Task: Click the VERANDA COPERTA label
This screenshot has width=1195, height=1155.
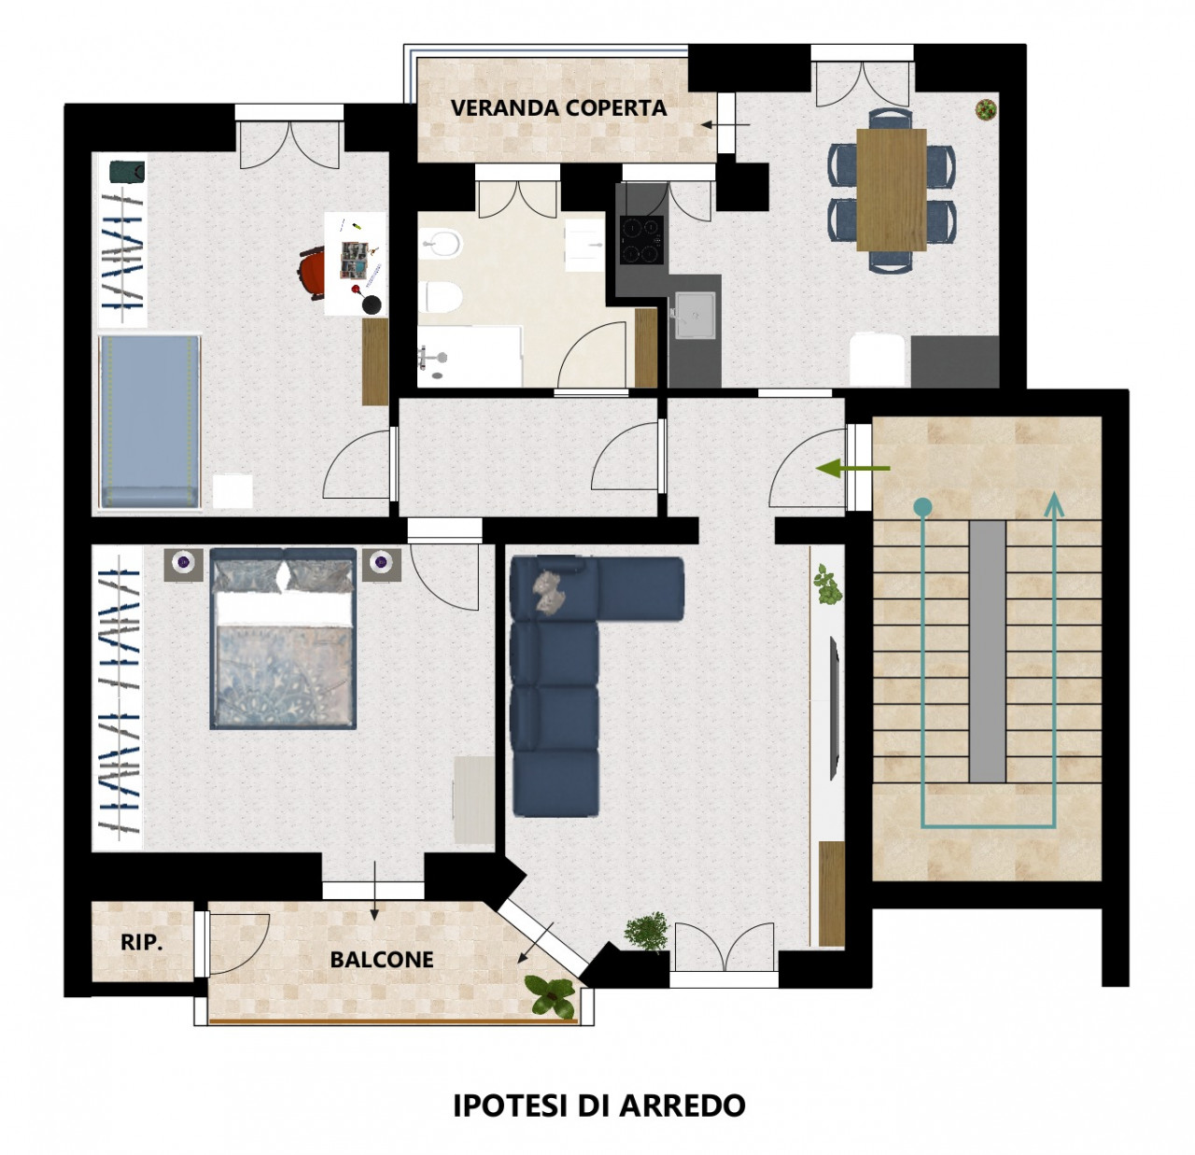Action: pos(558,108)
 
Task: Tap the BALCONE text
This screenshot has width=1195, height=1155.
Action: pos(381,960)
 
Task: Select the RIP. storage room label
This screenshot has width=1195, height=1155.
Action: pos(142,942)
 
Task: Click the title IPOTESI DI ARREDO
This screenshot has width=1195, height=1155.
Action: pos(598,1106)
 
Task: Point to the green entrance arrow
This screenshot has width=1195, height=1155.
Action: pos(852,469)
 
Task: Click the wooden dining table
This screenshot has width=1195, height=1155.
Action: pos(891,190)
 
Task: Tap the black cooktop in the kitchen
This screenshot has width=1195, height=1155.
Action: pos(641,239)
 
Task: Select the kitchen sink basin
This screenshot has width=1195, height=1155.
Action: pos(696,315)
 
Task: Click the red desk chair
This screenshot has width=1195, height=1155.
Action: pos(313,272)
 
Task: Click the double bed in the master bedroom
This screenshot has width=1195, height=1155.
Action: pos(283,639)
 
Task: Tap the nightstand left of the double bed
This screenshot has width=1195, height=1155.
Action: pos(183,564)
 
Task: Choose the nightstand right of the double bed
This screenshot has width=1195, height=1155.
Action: pos(381,564)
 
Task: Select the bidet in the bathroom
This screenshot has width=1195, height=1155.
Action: pos(441,245)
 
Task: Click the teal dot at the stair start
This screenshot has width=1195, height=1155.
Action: pos(923,507)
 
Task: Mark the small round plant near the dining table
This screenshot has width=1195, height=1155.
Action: pos(986,110)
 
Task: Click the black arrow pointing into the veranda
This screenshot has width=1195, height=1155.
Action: pos(725,125)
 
